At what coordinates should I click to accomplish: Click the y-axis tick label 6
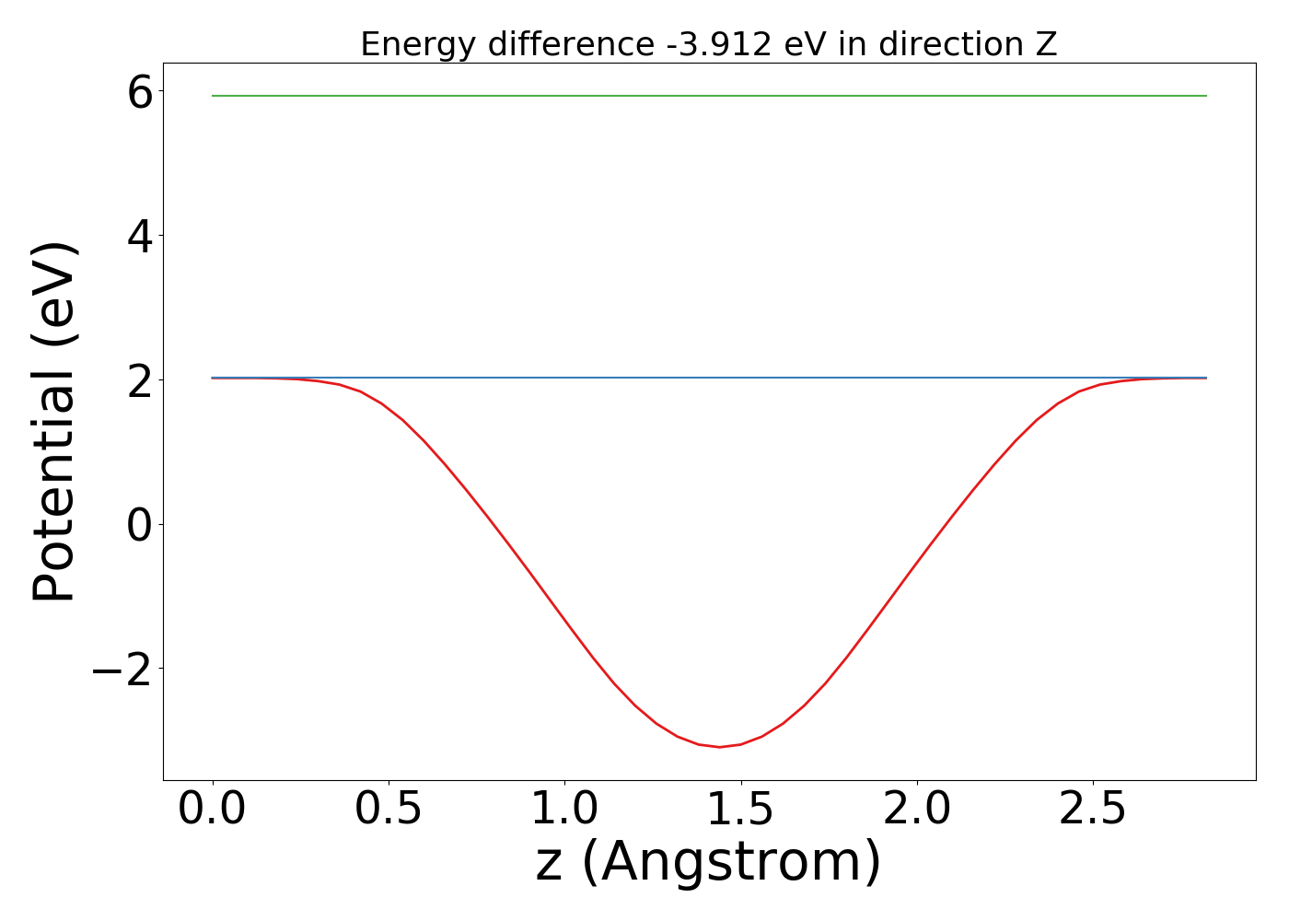(x=140, y=92)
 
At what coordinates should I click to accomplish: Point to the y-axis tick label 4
(x=140, y=236)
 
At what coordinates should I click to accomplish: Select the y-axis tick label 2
(x=140, y=379)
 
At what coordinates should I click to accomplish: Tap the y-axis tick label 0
(x=140, y=524)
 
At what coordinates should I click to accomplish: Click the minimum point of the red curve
(x=720, y=747)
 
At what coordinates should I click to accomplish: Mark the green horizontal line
(x=709, y=96)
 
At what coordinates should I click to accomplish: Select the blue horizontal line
(x=709, y=378)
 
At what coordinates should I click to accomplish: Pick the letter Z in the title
(x=1046, y=44)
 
